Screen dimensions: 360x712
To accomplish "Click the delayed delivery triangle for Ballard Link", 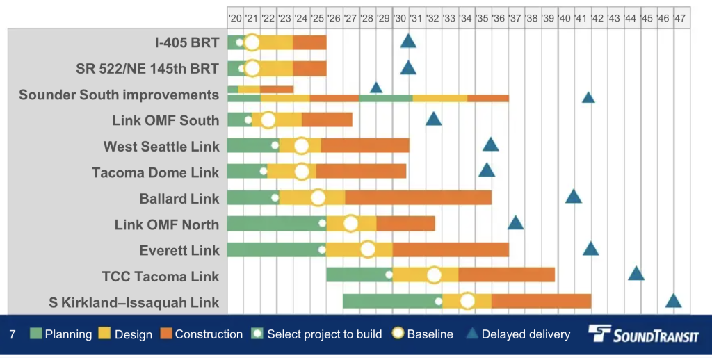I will point(574,197).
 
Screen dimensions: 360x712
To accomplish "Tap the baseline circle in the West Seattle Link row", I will point(301,146).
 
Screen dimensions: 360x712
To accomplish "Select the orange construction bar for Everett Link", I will point(451,250).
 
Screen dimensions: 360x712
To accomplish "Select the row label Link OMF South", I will point(165,120).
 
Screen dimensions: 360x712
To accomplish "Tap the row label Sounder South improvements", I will point(119,95).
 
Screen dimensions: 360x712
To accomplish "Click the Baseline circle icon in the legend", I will point(397,334).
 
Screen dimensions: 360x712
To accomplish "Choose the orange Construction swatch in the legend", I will point(165,334).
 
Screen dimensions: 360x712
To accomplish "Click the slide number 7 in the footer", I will point(13,334).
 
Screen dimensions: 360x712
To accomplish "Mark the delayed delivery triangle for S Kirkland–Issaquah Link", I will point(673,301).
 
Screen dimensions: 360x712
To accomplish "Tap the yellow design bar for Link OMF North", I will point(351,224).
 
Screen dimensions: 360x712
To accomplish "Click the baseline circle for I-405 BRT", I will point(252,42).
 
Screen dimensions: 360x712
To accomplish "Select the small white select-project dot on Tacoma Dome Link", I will point(264,171).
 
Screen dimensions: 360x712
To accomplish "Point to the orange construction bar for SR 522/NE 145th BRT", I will point(309,69).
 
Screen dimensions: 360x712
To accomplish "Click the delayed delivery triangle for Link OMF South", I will point(433,119).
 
